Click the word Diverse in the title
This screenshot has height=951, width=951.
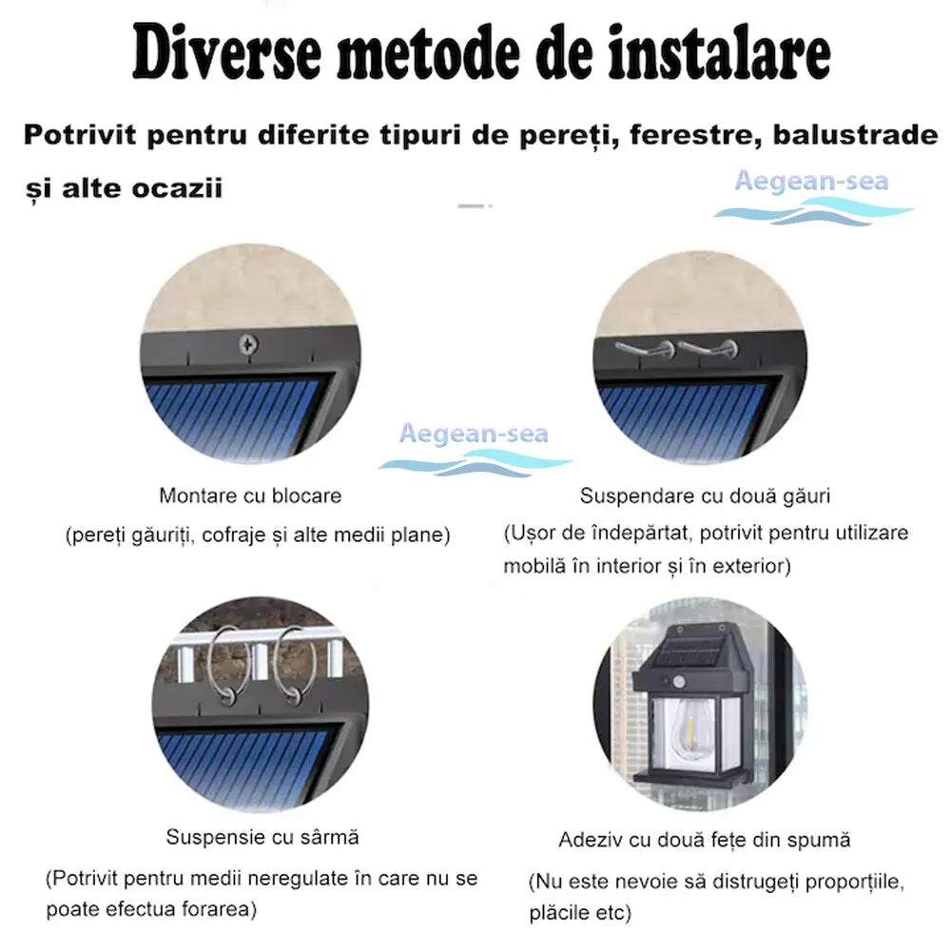click(227, 52)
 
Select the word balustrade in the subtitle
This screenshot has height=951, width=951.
click(855, 135)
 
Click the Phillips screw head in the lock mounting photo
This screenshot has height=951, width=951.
click(248, 344)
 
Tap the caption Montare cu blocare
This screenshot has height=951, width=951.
click(250, 495)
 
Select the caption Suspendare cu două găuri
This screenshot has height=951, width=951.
click(705, 496)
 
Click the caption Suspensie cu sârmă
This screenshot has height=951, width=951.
click(262, 837)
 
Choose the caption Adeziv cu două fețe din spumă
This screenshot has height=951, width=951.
click(704, 840)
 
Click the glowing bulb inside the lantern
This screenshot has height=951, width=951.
click(689, 727)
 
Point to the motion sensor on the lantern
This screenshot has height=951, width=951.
click(679, 682)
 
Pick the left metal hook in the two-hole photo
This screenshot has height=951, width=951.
click(644, 349)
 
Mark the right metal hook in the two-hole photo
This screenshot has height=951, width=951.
click(708, 349)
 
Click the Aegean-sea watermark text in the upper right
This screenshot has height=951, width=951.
click(811, 181)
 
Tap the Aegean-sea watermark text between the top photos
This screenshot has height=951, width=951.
click(474, 434)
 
